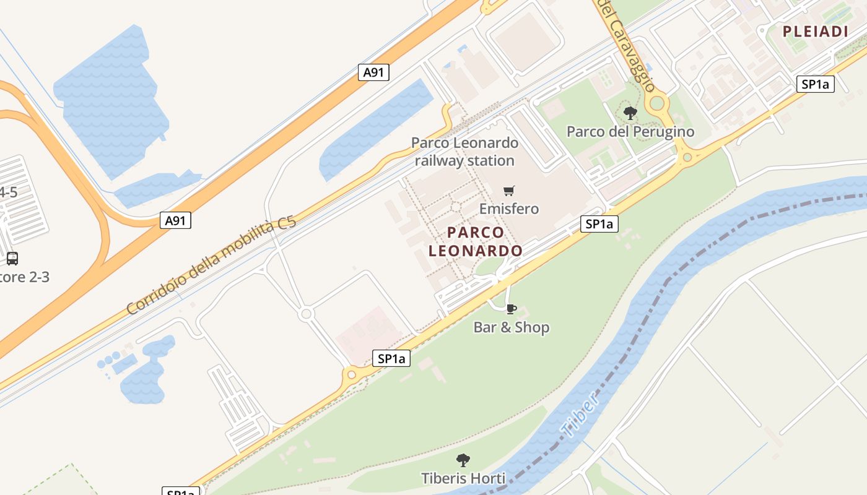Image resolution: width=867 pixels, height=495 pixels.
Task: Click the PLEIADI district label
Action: point(815,32)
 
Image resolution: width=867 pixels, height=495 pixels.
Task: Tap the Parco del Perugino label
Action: point(630,132)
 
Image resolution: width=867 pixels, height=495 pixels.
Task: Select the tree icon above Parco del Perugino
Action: point(630,113)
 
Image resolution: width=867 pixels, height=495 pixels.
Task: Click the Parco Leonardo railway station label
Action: point(464,152)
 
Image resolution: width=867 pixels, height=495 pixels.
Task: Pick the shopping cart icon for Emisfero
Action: point(509,191)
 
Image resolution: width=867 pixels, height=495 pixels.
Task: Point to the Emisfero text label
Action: point(509,209)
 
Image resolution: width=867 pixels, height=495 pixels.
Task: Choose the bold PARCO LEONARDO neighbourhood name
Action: point(476,242)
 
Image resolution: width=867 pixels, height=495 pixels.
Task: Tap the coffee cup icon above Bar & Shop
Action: point(511,309)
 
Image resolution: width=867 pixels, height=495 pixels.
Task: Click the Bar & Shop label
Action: point(512,327)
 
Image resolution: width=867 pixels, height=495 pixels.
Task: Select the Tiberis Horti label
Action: point(463,478)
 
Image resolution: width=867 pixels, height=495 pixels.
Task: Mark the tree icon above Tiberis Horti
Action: point(463,460)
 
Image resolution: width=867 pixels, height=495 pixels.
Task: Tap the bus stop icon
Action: point(12,259)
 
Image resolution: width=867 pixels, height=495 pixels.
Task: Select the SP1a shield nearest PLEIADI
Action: point(815,85)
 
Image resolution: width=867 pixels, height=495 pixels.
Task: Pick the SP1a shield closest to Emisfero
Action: point(599,224)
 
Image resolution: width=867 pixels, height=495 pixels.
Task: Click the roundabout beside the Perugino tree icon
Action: point(657,103)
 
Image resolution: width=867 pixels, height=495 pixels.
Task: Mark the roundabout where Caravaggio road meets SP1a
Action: point(686,158)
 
